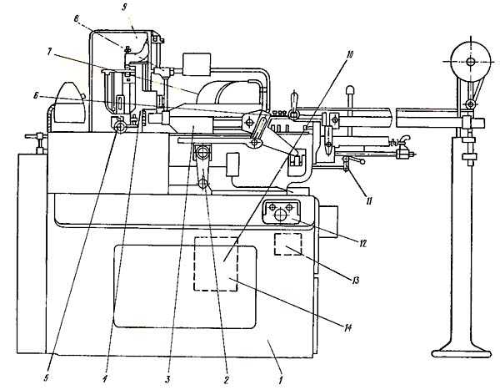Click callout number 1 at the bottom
(x=281, y=381)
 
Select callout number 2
(x=226, y=380)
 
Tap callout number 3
(x=167, y=380)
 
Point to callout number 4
(x=105, y=379)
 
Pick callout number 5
(x=47, y=379)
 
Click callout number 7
(x=50, y=52)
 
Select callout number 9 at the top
(x=125, y=8)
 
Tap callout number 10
(x=349, y=54)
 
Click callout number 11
(x=368, y=201)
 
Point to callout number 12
(x=362, y=244)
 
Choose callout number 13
(x=355, y=281)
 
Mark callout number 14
(x=347, y=327)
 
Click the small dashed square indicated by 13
(x=288, y=244)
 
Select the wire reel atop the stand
(x=470, y=61)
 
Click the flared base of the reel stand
(x=462, y=352)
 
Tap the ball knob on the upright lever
(x=351, y=89)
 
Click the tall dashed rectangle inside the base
(x=216, y=264)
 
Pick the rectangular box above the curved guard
(x=197, y=64)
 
